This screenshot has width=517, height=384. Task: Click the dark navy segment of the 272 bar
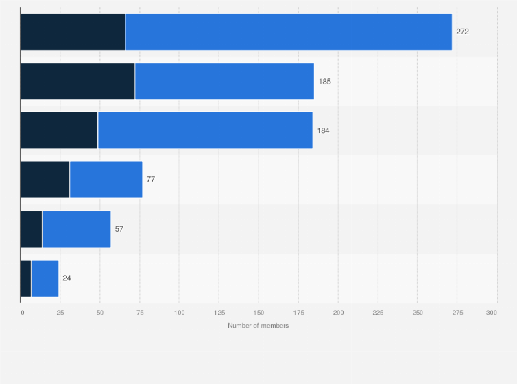click(73, 32)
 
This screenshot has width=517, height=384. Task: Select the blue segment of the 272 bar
click(289, 32)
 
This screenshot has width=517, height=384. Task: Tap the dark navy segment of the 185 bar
click(77, 81)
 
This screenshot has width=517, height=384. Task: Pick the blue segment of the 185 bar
click(224, 81)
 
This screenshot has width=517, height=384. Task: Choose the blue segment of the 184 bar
click(205, 130)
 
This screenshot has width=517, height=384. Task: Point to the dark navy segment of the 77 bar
click(45, 180)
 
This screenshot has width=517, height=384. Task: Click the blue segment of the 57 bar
click(76, 228)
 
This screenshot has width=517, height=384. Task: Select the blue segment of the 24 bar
click(45, 278)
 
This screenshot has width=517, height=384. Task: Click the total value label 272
click(462, 32)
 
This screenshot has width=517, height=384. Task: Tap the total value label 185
click(324, 81)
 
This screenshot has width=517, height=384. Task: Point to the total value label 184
click(323, 130)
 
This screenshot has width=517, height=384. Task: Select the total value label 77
click(151, 180)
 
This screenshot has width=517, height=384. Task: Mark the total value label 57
click(119, 228)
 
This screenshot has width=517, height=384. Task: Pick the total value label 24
click(67, 278)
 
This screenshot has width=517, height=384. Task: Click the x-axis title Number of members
click(258, 325)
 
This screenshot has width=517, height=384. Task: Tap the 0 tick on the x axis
click(22, 313)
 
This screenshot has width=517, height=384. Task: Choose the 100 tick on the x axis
click(179, 313)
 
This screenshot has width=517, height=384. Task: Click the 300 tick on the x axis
click(492, 313)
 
